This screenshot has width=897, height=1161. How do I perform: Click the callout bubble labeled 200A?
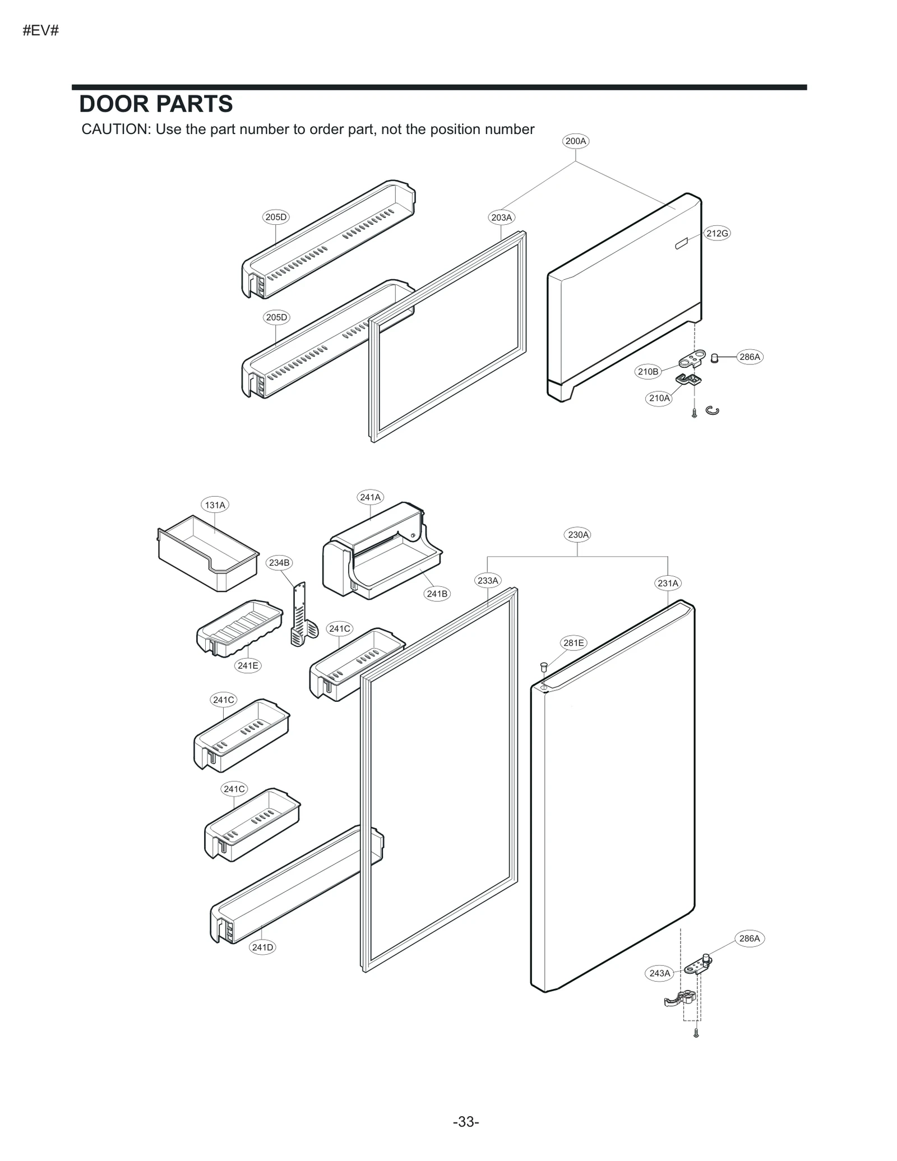[x=575, y=141]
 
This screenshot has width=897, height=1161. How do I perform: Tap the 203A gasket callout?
[x=501, y=218]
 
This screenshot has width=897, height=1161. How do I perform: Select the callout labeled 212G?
[x=717, y=233]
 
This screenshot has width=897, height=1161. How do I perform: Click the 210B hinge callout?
[x=648, y=371]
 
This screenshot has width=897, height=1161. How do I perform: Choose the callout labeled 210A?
[x=659, y=398]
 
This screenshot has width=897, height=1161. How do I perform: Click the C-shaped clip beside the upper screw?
[x=713, y=411]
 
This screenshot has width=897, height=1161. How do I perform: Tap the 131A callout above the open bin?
[x=215, y=505]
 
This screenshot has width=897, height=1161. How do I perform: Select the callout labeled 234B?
[x=279, y=562]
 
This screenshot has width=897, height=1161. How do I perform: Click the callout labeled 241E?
[x=248, y=665]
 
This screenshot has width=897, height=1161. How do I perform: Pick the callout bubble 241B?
[x=437, y=594]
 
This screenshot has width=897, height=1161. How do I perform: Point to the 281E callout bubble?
[x=574, y=643]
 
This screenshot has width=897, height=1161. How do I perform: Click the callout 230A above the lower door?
[x=578, y=535]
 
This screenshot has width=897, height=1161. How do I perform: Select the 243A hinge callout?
[x=659, y=973]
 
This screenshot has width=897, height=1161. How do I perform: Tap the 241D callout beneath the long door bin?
[x=262, y=947]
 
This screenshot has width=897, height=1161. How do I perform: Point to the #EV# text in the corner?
[x=40, y=30]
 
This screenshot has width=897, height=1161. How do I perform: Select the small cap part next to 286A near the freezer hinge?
[x=715, y=358]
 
